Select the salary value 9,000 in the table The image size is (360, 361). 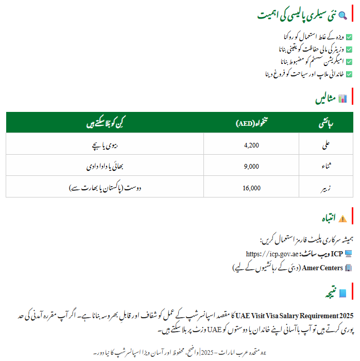pos(251,167)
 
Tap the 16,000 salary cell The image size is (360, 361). pos(251,188)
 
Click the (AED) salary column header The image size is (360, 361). pos(251,124)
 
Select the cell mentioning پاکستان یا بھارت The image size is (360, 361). pos(105,188)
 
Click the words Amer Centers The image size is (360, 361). pos(323,268)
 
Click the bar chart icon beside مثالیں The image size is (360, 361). pos(342,99)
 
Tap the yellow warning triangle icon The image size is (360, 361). pos(343,218)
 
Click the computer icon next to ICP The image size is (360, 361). pos(349,254)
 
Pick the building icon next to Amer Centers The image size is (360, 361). pos(349,268)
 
